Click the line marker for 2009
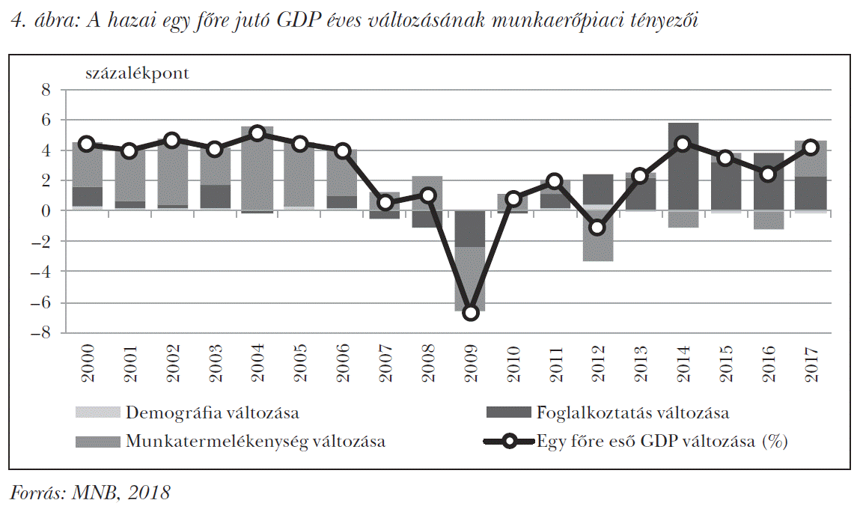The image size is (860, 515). (471, 312)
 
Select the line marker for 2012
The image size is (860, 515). (597, 228)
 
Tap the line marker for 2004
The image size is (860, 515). (257, 134)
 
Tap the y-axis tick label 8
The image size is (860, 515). (45, 91)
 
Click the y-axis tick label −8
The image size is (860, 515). (40, 333)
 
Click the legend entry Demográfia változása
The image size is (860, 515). (212, 412)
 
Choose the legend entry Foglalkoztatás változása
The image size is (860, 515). (632, 412)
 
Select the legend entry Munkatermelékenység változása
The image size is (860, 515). (255, 441)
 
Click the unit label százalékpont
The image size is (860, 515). (138, 73)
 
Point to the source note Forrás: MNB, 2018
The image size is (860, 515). (90, 493)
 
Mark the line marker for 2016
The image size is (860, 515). (767, 174)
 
